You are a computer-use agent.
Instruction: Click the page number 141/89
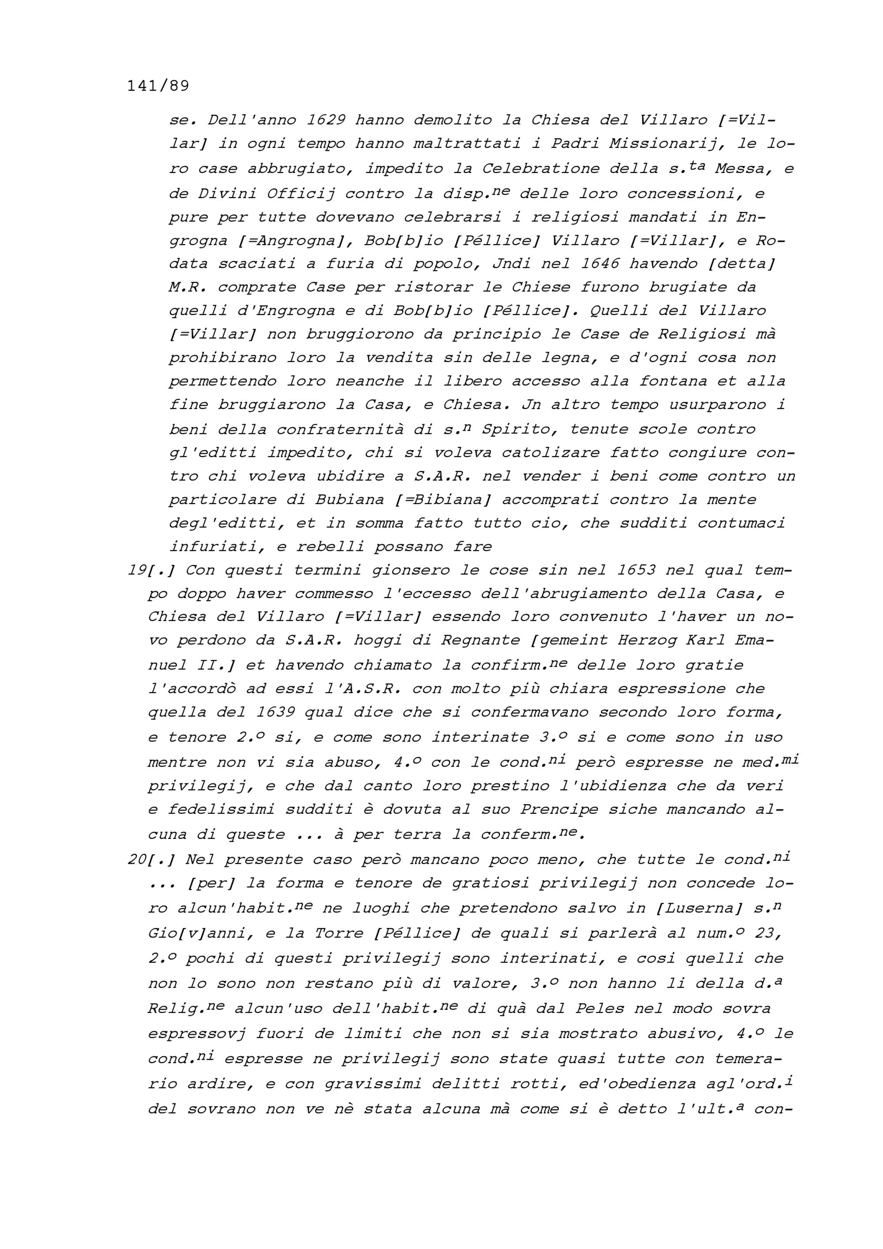(158, 86)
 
